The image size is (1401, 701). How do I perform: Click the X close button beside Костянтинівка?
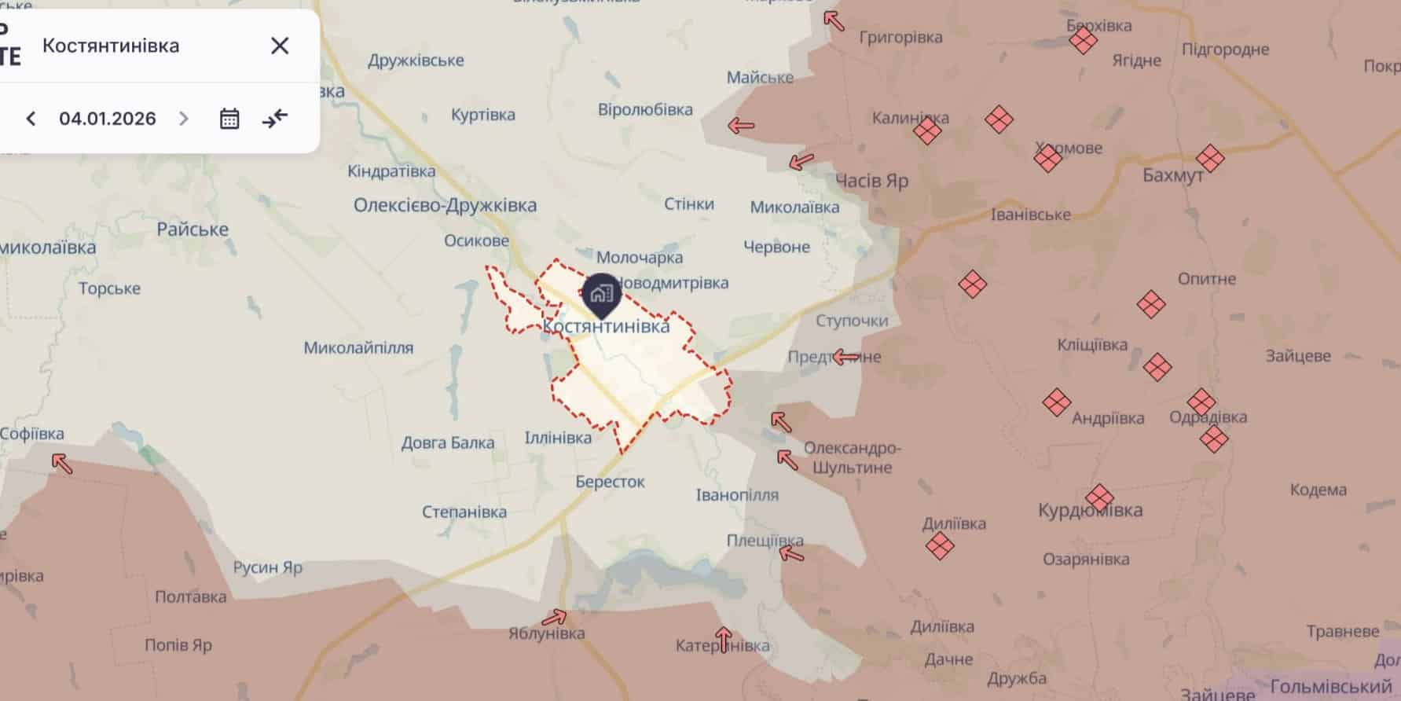[280, 46]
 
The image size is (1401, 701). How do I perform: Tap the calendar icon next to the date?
[229, 119]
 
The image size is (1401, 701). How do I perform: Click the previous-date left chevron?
[31, 119]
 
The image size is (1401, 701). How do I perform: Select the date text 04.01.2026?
[108, 119]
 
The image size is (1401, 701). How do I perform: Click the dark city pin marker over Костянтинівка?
[602, 295]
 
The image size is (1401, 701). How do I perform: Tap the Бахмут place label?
[1172, 175]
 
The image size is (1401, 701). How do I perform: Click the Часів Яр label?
[871, 181]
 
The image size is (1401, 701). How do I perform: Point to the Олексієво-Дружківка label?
[445, 206]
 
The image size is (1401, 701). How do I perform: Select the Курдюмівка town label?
[1090, 511]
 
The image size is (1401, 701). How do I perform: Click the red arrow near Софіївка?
[62, 464]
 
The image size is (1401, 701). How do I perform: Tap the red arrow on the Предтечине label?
[845, 358]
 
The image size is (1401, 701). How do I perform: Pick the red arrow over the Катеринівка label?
[724, 639]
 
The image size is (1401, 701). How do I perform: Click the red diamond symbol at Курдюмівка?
[1099, 497]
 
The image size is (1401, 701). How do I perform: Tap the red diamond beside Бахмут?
[1209, 158]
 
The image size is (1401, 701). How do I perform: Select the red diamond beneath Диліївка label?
[940, 545]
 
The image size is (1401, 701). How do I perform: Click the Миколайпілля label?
[358, 347]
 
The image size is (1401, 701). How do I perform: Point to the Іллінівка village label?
[558, 438]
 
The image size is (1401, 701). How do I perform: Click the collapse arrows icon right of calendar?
[275, 119]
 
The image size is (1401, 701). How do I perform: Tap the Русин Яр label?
[267, 567]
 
